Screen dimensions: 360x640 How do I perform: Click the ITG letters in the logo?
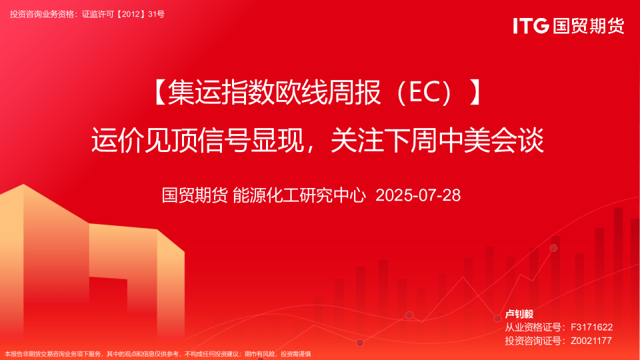click(x=531, y=26)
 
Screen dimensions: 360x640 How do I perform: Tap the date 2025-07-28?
click(x=419, y=195)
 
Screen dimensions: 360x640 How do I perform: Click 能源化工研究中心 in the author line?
click(x=300, y=195)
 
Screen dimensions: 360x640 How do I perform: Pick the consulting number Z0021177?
click(x=591, y=341)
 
